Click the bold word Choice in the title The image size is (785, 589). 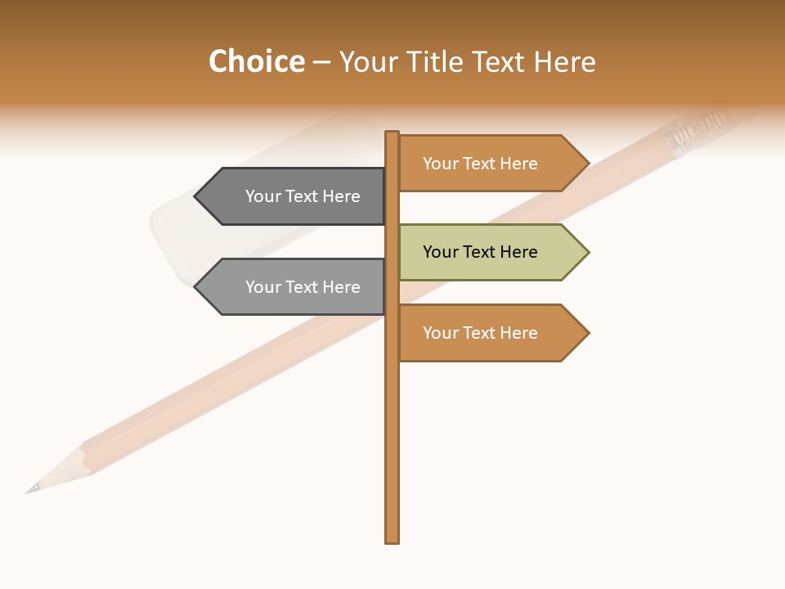point(256,62)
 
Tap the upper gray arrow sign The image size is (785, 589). point(294,196)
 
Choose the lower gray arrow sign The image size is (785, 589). point(294,287)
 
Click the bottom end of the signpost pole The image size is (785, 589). point(392,540)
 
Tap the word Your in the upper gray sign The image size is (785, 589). point(263,196)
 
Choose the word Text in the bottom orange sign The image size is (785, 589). point(479,333)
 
